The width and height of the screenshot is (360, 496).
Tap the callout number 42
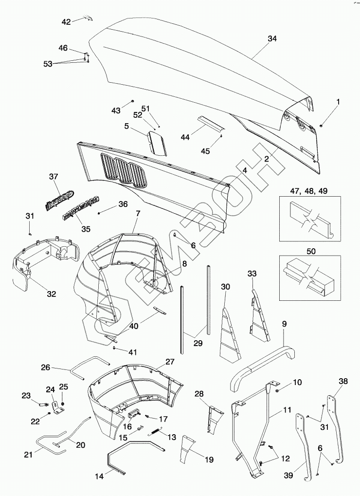pos(66,21)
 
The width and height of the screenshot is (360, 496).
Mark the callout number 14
pos(99,477)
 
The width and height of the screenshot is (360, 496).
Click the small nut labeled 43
pos(132,101)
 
